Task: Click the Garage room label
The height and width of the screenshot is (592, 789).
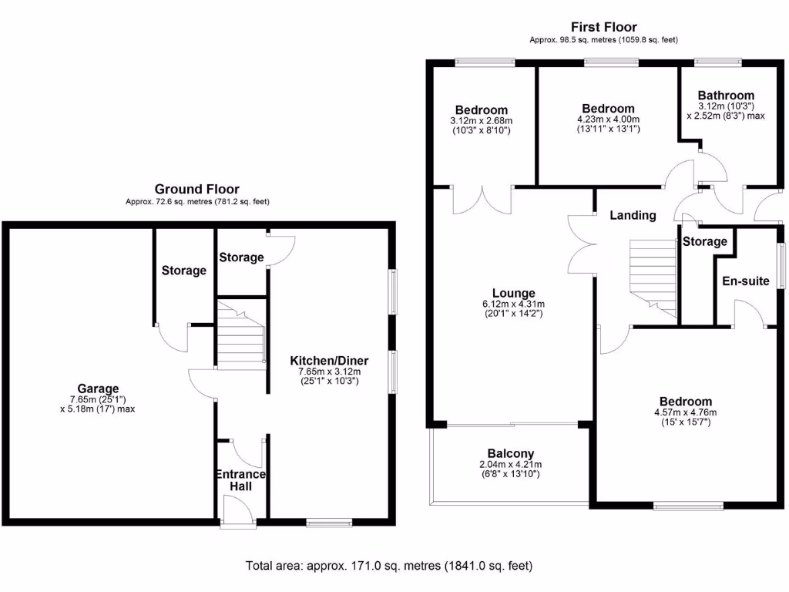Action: (x=98, y=388)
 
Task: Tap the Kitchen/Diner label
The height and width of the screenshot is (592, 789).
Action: (x=329, y=361)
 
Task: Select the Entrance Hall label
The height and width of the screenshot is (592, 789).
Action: (x=241, y=480)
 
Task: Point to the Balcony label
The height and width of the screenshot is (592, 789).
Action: (x=510, y=453)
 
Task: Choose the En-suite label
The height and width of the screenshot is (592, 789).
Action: (x=745, y=281)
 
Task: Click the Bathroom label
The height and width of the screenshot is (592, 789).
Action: (x=726, y=95)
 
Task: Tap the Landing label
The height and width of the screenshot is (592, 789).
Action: (x=633, y=215)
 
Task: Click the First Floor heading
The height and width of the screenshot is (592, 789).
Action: (x=603, y=27)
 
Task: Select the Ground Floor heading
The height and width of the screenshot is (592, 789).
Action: (x=196, y=189)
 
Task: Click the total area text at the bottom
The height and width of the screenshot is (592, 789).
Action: (x=389, y=566)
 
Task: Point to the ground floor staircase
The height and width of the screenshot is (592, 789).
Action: (x=240, y=333)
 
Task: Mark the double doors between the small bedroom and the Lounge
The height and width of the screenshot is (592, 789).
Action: (x=483, y=199)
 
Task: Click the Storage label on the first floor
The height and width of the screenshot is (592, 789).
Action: (x=704, y=241)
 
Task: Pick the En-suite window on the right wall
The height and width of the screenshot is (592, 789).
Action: (x=780, y=266)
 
